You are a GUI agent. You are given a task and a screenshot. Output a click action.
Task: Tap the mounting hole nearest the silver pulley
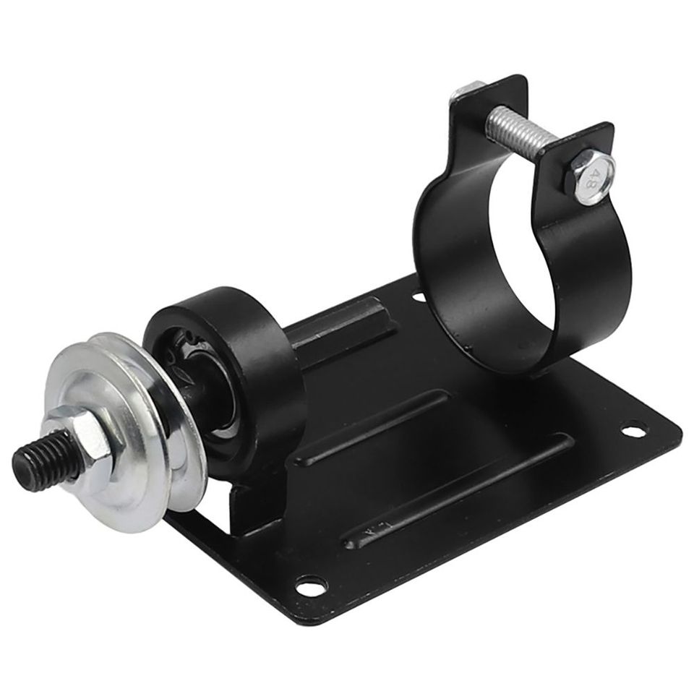pos(311,584)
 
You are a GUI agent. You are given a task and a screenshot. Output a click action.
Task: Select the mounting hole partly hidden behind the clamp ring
pos(417,295)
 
